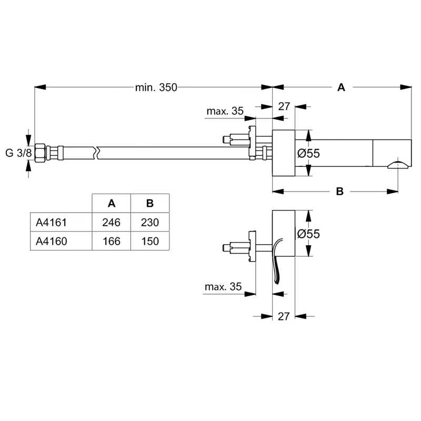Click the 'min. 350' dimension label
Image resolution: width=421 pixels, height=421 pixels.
click(x=156, y=88)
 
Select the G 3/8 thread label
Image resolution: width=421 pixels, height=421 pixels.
click(x=17, y=153)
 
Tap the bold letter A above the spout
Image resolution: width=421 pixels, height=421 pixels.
click(x=341, y=88)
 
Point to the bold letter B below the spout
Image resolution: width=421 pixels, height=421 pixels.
click(x=340, y=192)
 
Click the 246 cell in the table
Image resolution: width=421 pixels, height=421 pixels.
click(x=111, y=223)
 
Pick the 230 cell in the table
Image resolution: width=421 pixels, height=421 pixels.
click(x=149, y=223)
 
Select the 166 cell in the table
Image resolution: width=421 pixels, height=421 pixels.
click(x=111, y=241)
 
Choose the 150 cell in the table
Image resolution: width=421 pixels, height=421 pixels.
click(x=149, y=241)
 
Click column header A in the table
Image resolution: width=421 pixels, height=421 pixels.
click(x=111, y=204)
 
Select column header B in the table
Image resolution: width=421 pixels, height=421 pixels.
click(x=149, y=204)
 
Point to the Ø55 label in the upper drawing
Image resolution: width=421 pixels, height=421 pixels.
click(x=308, y=154)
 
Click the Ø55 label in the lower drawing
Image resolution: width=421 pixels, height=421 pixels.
click(x=308, y=234)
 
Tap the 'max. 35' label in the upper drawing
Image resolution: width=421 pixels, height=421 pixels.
click(x=225, y=111)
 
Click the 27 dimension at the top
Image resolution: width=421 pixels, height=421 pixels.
click(x=284, y=106)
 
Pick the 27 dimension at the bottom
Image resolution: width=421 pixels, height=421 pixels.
click(x=284, y=316)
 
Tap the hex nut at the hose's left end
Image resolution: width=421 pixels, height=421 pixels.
click(x=41, y=153)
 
